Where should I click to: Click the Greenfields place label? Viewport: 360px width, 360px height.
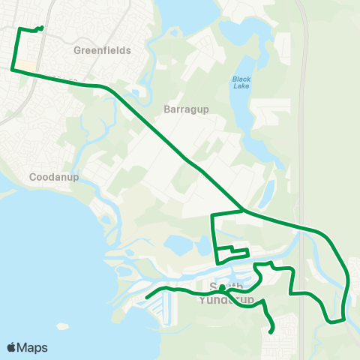[x=103, y=50]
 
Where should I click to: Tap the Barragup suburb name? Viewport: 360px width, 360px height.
[x=179, y=108]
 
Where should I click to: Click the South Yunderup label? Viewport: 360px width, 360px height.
[x=226, y=293]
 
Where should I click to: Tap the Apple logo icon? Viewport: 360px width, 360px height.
[x=12, y=347]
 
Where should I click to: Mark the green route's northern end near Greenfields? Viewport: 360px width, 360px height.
[x=41, y=28]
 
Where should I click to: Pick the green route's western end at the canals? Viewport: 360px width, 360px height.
[x=147, y=297]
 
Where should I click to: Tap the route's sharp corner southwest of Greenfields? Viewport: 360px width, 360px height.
[x=12, y=70]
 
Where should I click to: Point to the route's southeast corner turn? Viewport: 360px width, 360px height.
[x=343, y=319]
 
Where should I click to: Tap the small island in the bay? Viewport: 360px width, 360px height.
[x=61, y=326]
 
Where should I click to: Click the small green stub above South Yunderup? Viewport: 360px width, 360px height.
[x=221, y=286]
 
